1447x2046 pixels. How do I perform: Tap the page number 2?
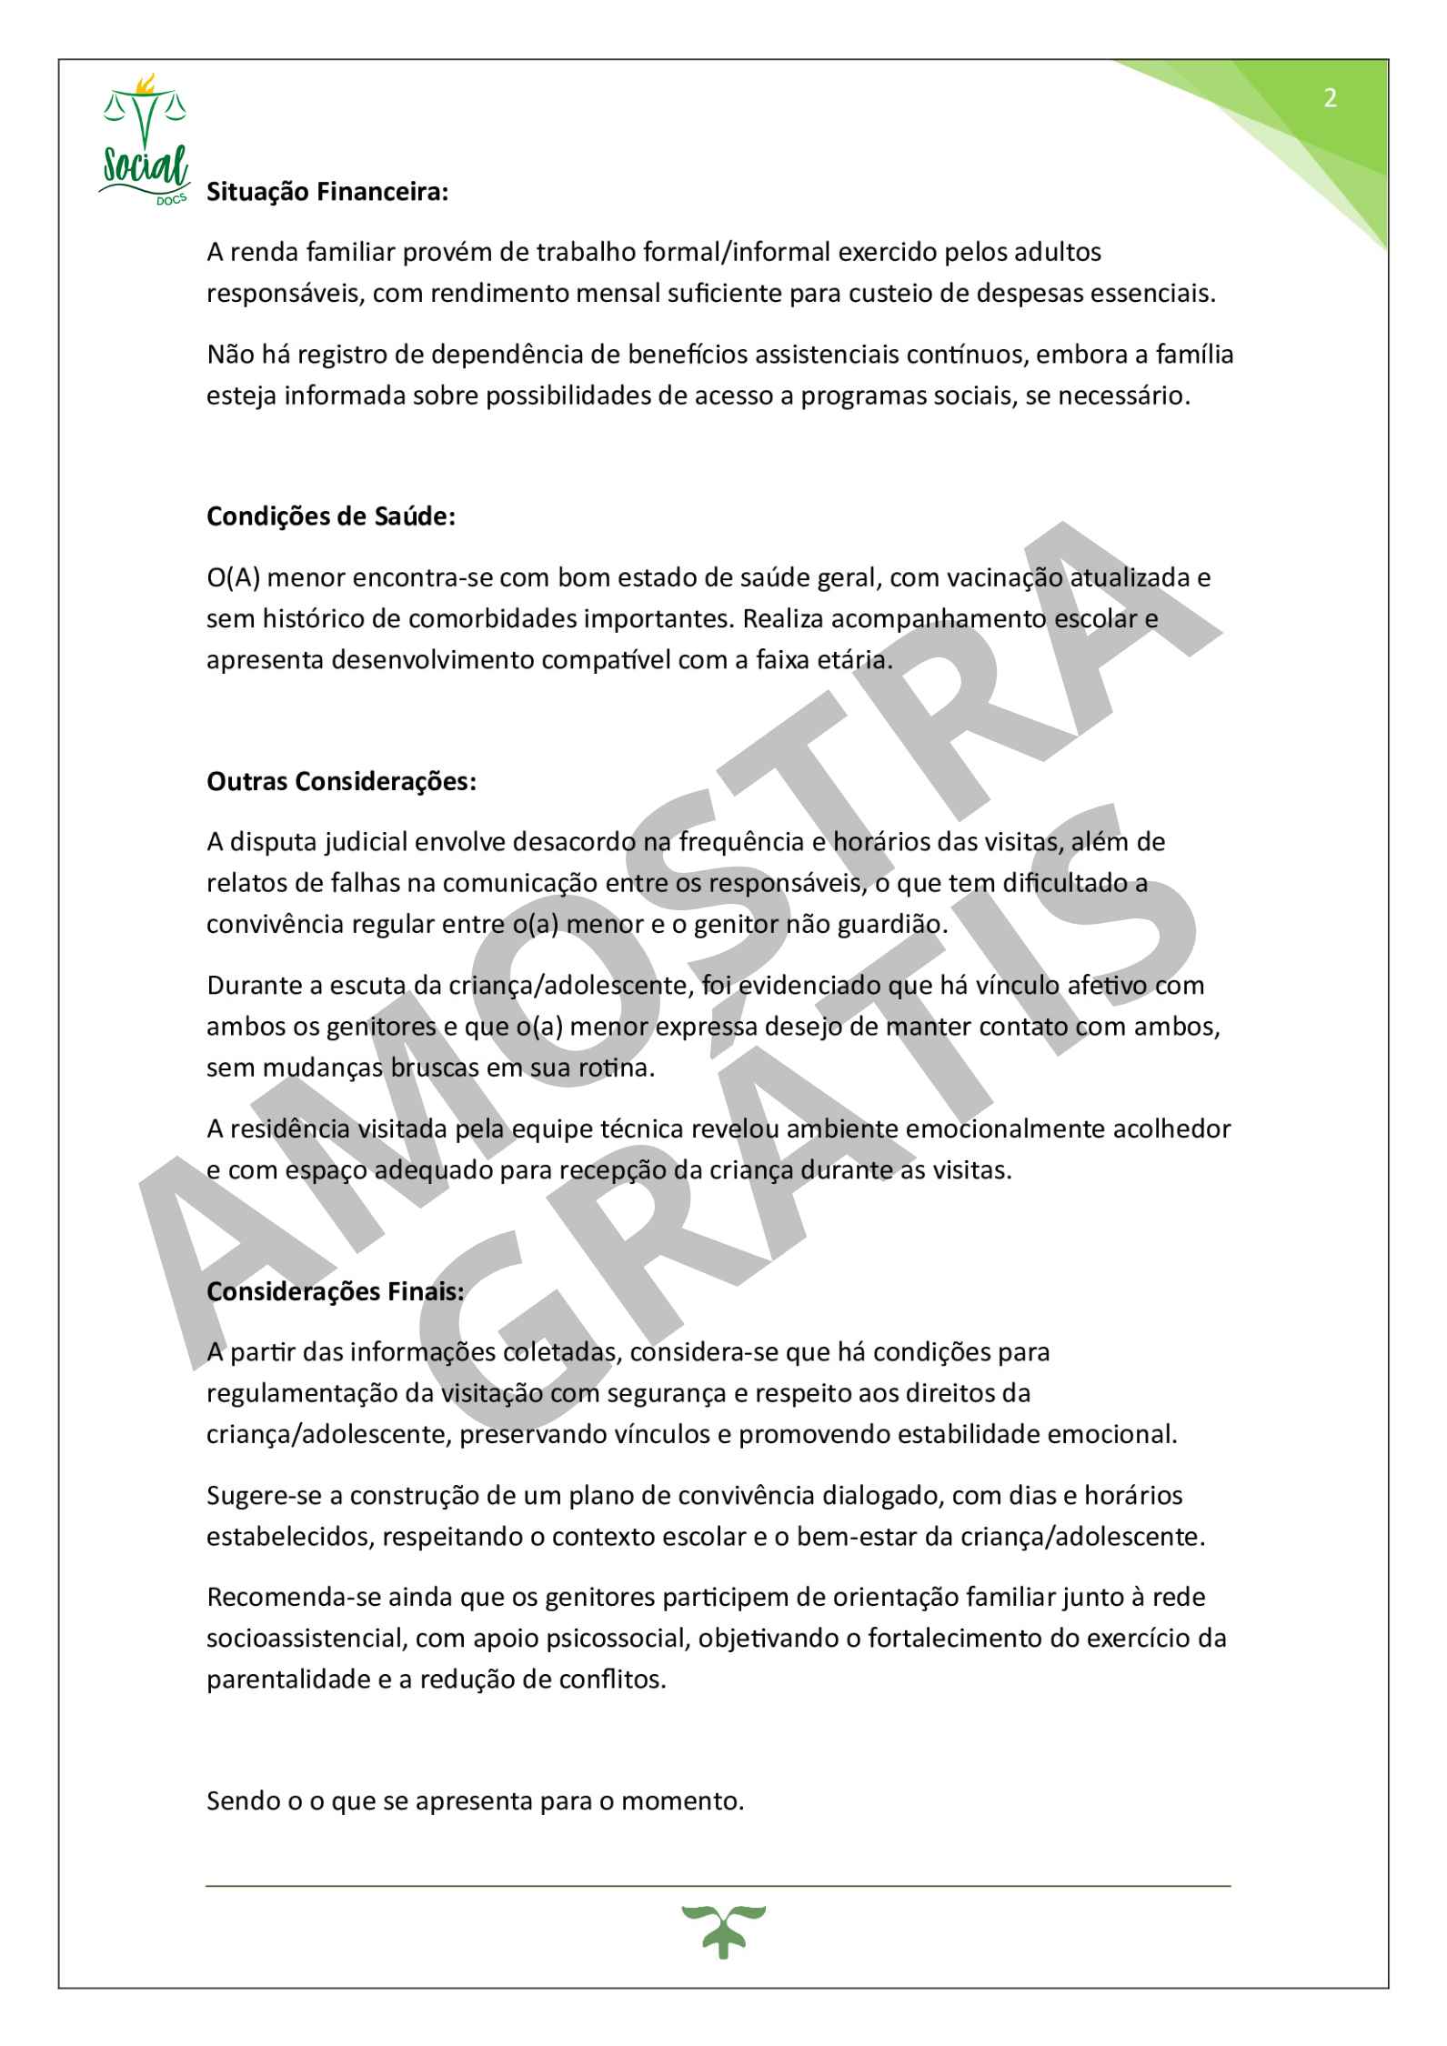1330,98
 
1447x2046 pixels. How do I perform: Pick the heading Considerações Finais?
336,1291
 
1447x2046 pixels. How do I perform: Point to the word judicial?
360,842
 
